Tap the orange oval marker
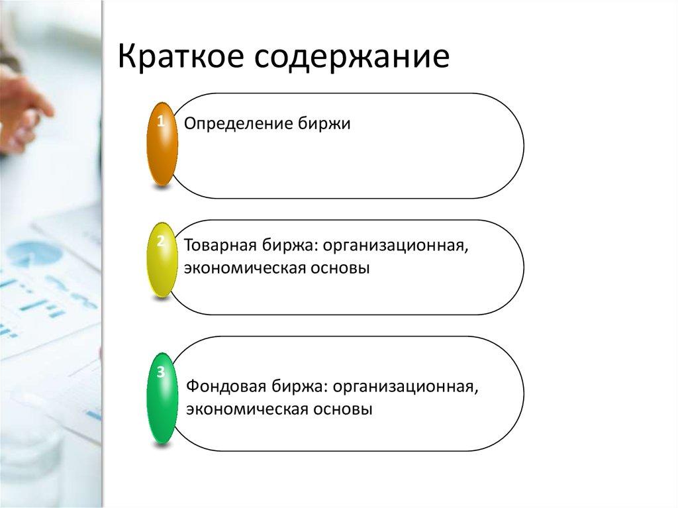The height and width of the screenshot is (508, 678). (162, 144)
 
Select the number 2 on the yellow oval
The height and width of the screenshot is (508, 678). (160, 241)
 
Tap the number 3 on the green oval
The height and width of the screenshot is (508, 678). (160, 373)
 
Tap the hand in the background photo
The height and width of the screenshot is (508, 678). (23, 106)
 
